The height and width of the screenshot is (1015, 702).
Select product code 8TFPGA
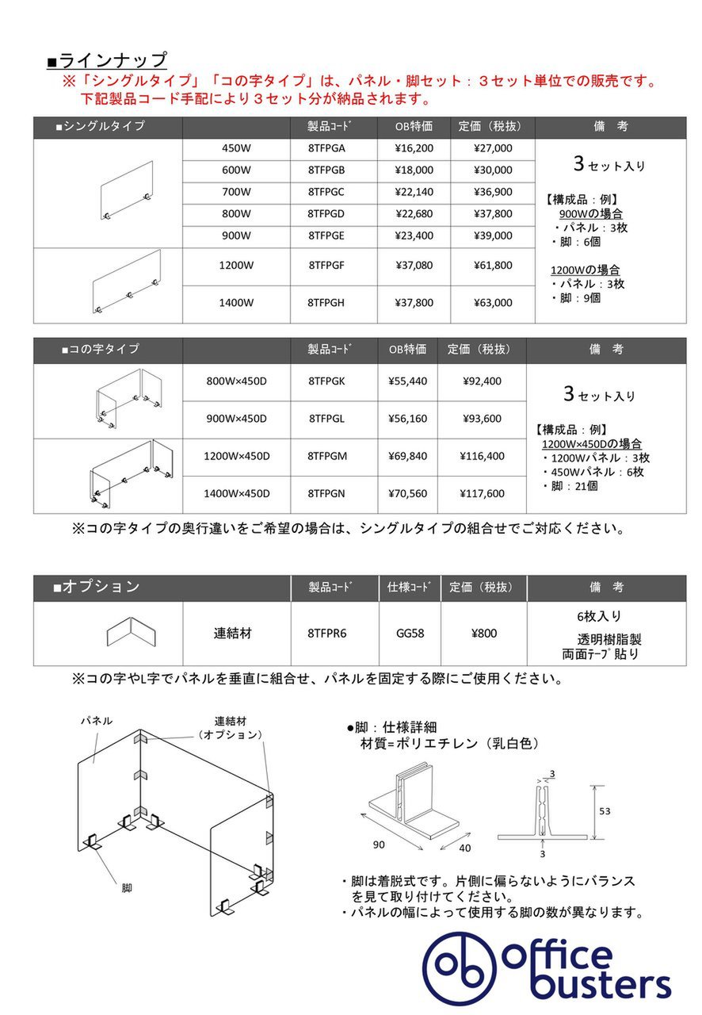(326, 147)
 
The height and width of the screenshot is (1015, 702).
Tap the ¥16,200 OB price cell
(414, 147)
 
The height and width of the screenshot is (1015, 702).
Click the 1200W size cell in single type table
(236, 266)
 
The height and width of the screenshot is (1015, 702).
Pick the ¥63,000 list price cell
(493, 302)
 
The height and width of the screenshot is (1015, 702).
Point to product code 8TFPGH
(326, 302)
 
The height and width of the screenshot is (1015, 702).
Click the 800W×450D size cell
(236, 381)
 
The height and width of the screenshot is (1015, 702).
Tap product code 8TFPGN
(326, 493)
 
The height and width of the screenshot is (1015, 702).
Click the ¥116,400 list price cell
(482, 456)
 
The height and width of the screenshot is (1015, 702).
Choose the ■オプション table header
(97, 587)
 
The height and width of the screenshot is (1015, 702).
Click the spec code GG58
(410, 634)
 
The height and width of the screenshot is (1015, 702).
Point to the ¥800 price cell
(483, 634)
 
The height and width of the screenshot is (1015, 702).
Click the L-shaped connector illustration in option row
(132, 634)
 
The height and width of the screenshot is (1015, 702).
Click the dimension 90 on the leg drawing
(379, 845)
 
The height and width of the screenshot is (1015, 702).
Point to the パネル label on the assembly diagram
(96, 722)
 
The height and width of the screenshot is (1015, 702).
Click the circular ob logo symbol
(457, 965)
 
